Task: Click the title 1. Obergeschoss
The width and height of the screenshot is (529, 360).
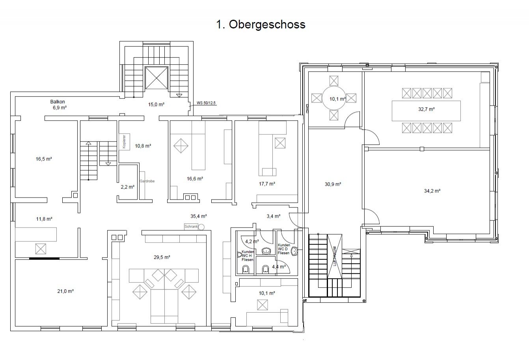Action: click(261, 24)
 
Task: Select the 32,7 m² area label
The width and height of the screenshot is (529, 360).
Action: click(426, 109)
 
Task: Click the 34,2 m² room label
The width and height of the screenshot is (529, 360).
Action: click(432, 190)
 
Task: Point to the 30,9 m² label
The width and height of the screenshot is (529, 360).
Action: click(333, 184)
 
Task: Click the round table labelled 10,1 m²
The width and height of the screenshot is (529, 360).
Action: click(334, 99)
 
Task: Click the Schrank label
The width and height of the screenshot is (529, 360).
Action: click(191, 226)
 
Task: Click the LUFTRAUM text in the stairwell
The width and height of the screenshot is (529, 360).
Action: click(334, 257)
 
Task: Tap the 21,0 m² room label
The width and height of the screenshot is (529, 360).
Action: click(66, 291)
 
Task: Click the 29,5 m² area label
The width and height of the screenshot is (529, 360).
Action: click(162, 257)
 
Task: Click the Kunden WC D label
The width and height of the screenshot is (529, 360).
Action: click(284, 249)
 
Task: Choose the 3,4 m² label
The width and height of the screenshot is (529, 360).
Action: click(273, 216)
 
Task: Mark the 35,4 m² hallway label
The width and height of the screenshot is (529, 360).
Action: click(199, 216)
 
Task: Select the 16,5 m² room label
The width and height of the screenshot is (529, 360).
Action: click(44, 159)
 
